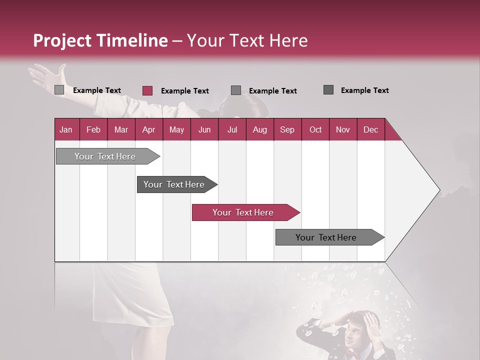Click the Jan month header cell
point(66,129)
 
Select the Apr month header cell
point(149,129)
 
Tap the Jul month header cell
point(232,129)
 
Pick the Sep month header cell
point(287,129)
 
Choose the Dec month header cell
point(370,129)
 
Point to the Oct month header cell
point(315,129)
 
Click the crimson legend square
point(147,90)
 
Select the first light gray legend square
point(59,90)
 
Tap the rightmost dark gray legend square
point(328,90)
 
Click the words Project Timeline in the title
point(100,40)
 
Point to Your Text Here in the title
point(247,40)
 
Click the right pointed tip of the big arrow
point(439,190)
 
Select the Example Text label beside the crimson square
point(184,91)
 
